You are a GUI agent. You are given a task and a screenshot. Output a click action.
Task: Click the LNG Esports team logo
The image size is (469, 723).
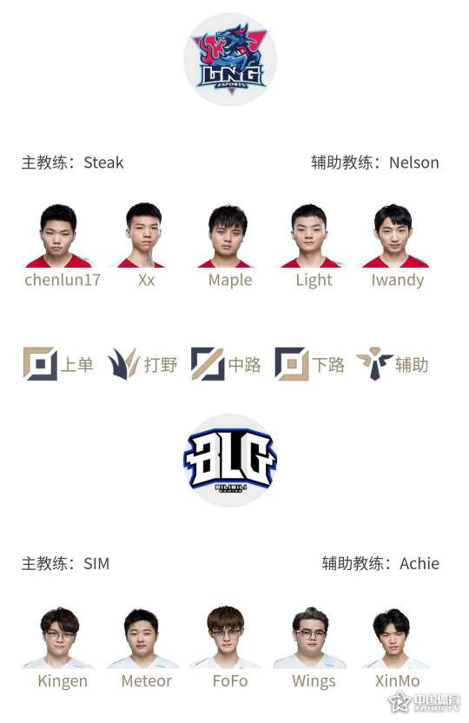coord(230,59)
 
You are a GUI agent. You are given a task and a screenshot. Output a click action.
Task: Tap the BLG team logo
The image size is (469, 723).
coord(230,461)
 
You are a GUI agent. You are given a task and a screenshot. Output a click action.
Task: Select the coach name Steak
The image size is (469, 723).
coord(103,163)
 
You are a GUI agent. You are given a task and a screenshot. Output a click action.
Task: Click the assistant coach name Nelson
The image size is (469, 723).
coord(413,163)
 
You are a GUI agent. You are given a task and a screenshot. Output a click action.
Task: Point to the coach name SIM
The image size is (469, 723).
coord(96,564)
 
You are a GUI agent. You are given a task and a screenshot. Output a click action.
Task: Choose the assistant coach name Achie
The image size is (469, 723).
coord(419,564)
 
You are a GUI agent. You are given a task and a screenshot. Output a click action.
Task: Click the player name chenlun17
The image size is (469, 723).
coord(63,280)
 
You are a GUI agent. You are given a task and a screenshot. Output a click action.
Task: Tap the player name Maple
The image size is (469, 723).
coord(230,280)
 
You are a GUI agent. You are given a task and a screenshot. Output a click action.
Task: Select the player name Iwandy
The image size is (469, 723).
coord(398,280)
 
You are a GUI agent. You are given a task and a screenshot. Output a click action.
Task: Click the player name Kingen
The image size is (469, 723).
coord(63,681)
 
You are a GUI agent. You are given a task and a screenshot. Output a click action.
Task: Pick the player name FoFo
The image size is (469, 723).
coord(230,681)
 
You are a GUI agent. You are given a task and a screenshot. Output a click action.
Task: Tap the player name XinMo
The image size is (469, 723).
coord(397,681)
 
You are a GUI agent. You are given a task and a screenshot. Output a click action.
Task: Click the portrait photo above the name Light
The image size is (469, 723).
coord(309,235)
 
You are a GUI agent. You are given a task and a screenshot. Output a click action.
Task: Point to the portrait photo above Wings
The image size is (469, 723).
coord(310,637)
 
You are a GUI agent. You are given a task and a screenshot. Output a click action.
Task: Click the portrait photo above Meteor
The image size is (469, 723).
coord(142,638)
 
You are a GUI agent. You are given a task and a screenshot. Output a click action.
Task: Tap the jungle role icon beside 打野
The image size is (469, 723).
coord(123,364)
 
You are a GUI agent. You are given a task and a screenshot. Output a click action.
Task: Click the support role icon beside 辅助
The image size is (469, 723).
coord(374,364)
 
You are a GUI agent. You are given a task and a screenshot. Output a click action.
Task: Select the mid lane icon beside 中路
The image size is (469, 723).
coord(208,364)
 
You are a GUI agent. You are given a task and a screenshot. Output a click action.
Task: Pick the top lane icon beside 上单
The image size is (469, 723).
coord(40,364)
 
